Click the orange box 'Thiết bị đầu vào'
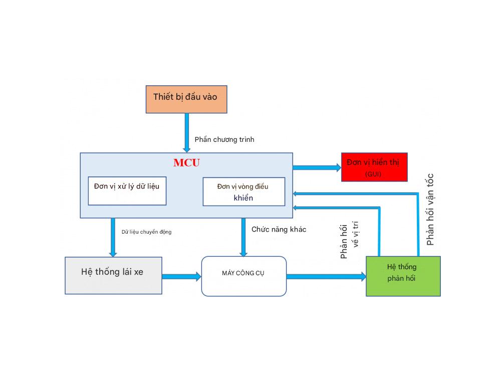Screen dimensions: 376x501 [186, 99]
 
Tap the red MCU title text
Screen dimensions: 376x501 [186, 162]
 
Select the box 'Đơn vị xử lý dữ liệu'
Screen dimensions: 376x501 [127, 191]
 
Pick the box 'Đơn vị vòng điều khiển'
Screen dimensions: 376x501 [243, 192]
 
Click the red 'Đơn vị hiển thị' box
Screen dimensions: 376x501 [374, 167]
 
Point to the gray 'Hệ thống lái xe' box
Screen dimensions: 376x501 [113, 275]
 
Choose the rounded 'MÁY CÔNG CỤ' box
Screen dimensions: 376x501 [243, 276]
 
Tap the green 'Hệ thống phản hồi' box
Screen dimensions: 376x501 [403, 276]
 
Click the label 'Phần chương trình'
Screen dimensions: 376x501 [224, 139]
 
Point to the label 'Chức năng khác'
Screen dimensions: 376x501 [279, 229]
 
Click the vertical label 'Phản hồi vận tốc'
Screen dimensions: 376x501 [430, 209]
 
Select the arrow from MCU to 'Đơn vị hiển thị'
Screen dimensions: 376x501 [316, 167]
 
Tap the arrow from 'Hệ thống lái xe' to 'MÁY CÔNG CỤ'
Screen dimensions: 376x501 [181, 276]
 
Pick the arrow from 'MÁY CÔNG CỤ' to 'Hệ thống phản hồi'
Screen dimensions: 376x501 [326, 276]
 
